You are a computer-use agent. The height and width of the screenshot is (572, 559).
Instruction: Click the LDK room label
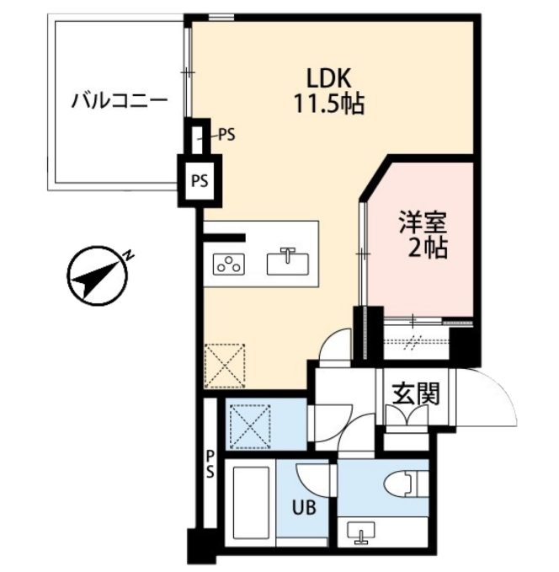pyautogui.click(x=329, y=78)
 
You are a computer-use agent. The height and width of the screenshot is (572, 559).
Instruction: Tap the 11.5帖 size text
pyautogui.click(x=329, y=104)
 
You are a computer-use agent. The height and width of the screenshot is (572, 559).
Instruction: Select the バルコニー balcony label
pyautogui.click(x=120, y=101)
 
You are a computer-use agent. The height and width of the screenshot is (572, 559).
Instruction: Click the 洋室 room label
pyautogui.click(x=423, y=222)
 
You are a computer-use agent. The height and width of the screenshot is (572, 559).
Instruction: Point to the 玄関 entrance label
pyautogui.click(x=416, y=393)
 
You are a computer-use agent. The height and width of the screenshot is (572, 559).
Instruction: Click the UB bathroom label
pyautogui.click(x=304, y=507)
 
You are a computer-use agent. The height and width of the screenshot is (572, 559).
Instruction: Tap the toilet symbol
pyautogui.click(x=406, y=484)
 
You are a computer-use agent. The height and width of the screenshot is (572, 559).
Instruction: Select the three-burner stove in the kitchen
pyautogui.click(x=229, y=264)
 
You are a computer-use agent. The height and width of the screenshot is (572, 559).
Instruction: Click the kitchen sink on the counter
pyautogui.click(x=288, y=262)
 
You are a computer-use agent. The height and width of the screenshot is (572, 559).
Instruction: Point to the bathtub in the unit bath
pyautogui.click(x=251, y=503)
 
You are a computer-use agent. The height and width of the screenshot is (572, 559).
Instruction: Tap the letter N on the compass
pyautogui.click(x=128, y=255)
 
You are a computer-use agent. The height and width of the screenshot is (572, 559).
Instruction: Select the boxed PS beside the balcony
pyautogui.click(x=200, y=181)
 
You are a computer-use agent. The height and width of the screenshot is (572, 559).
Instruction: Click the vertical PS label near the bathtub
pyautogui.click(x=210, y=464)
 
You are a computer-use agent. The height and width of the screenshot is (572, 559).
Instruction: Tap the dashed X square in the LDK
pyautogui.click(x=225, y=366)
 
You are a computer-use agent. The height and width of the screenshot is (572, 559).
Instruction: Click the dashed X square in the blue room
pyautogui.click(x=250, y=426)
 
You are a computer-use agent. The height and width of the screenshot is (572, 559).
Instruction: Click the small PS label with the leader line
pyautogui.click(x=226, y=136)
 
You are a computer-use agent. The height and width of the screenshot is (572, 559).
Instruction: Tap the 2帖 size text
pyautogui.click(x=428, y=249)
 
